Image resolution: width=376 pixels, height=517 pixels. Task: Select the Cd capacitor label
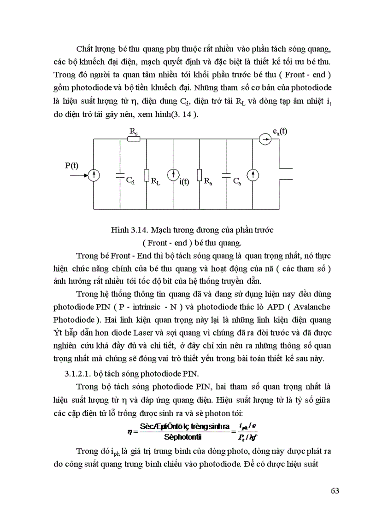[x=131, y=181]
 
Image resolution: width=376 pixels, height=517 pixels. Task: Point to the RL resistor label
[x=155, y=181]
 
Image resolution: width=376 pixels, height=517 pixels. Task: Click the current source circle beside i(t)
[x=173, y=175]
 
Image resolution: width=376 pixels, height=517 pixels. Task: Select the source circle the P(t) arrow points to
[x=94, y=175]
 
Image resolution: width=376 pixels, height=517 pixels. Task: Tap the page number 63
[x=335, y=490]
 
